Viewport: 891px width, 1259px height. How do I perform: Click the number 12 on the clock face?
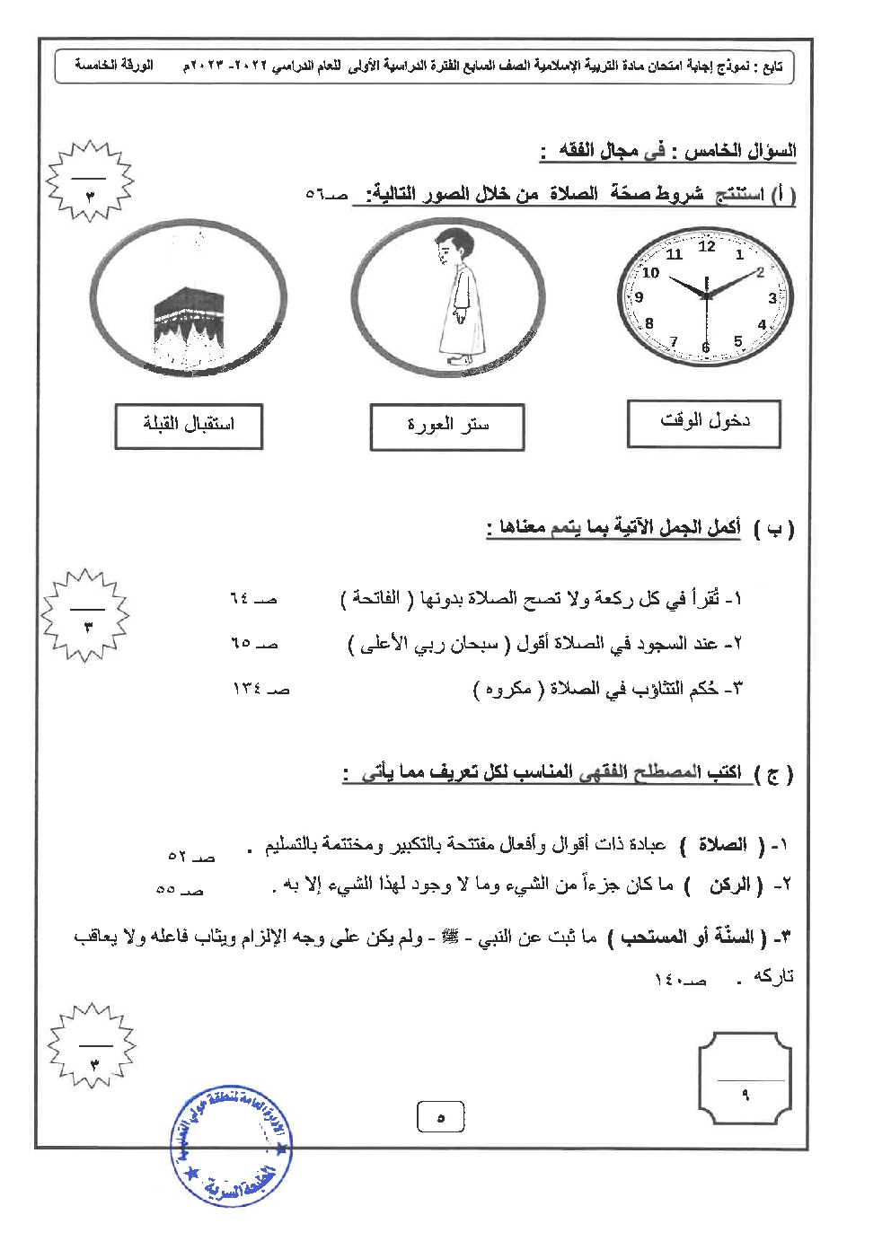707,246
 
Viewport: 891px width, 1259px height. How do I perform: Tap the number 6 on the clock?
705,348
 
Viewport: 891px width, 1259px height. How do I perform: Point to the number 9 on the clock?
640,297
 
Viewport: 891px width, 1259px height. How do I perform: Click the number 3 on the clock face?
772,297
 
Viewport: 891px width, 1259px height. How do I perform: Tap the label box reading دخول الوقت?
704,423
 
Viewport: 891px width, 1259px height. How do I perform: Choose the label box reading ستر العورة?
447,427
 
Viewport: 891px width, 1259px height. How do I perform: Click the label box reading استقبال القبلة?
189,426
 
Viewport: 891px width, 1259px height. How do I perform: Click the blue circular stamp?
232,1147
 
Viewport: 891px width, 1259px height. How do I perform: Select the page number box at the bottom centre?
440,1118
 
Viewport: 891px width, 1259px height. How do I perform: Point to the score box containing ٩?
745,1083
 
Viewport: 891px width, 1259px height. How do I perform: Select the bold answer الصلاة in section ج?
722,844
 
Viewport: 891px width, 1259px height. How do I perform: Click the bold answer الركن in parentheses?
729,885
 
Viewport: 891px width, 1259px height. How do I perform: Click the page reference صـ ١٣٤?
260,690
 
